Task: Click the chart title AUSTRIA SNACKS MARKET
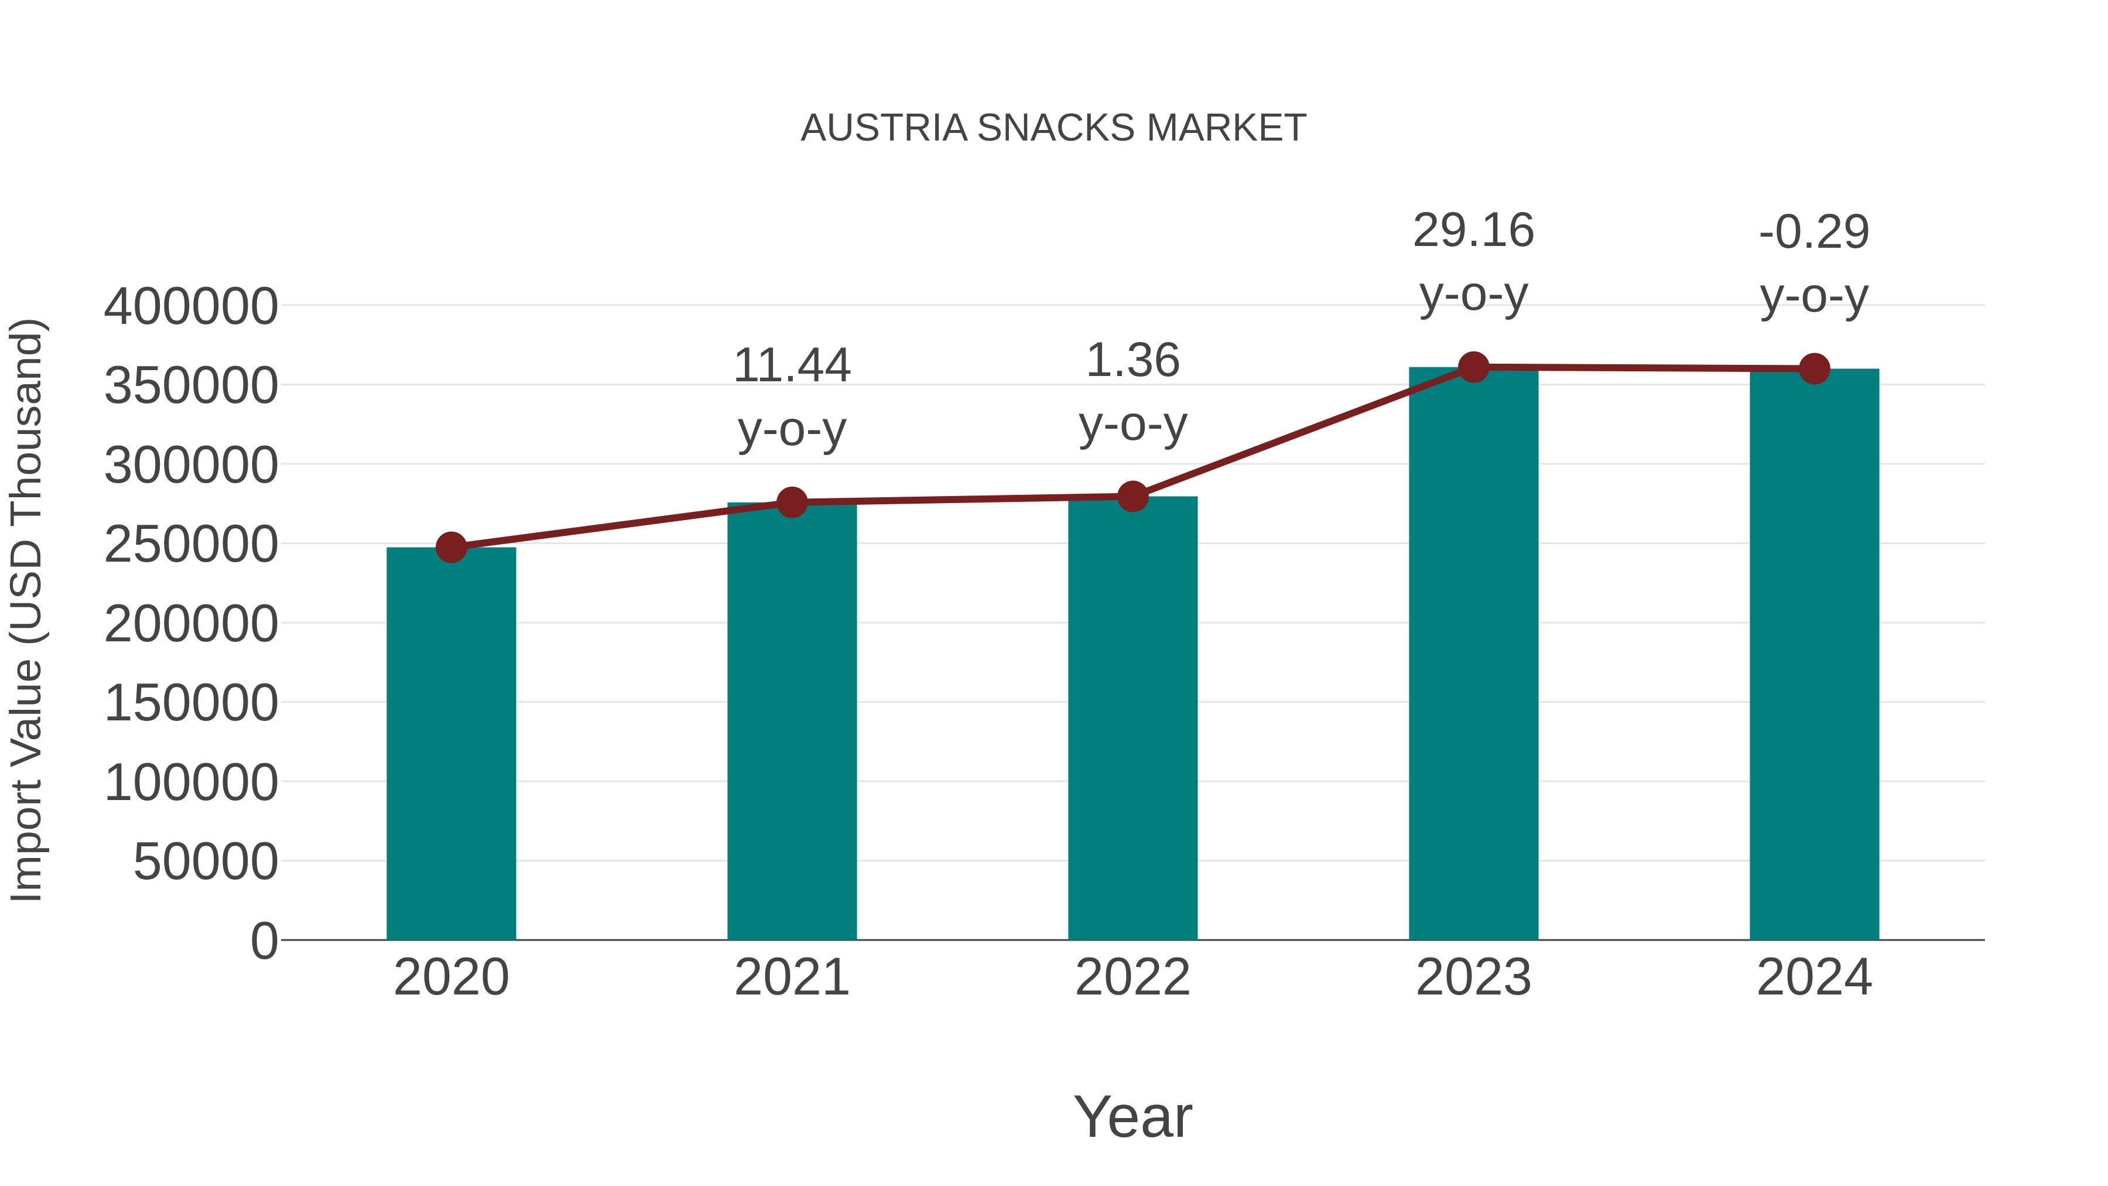click(1053, 128)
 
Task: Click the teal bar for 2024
click(1813, 654)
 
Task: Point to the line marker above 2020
click(451, 548)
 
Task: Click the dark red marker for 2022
click(1132, 496)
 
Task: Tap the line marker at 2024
click(1813, 369)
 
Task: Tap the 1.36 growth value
click(1132, 361)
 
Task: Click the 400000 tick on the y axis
click(191, 307)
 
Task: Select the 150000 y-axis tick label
click(191, 703)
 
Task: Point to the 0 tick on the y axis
click(263, 941)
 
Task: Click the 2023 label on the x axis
click(1473, 977)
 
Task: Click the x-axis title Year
click(1132, 1116)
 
